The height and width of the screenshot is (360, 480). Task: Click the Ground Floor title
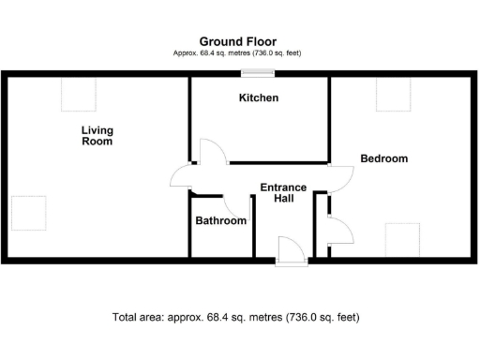tap(236, 41)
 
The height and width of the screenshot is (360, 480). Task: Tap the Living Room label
tap(97, 136)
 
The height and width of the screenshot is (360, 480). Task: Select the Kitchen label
tap(259, 97)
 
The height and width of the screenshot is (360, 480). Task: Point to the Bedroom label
tap(384, 158)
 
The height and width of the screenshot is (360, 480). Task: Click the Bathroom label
tap(220, 221)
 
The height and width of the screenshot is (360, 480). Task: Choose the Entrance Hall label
tap(283, 193)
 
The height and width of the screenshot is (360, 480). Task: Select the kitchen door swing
tap(210, 152)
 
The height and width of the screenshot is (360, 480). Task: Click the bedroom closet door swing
tap(339, 231)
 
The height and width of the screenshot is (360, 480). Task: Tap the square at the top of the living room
tap(79, 95)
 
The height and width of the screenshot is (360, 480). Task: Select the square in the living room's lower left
tap(28, 213)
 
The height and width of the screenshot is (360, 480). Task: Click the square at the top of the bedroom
tap(394, 95)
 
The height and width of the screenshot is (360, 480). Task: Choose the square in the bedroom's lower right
tap(401, 238)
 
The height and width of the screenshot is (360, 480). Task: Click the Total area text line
tap(235, 317)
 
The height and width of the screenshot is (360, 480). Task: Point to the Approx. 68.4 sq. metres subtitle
tap(237, 53)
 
